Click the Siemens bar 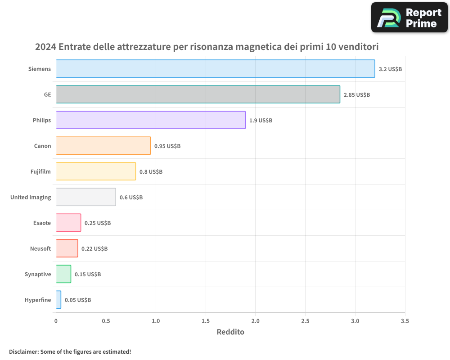(215, 69)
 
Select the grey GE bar (198, 94)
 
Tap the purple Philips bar (150, 120)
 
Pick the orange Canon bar (103, 146)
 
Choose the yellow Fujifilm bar (95, 171)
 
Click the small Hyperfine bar (58, 300)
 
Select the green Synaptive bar (63, 274)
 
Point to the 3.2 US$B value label (390, 69)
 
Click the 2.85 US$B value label (356, 95)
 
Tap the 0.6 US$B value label (131, 198)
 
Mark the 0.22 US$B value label (94, 249)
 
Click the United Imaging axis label (31, 197)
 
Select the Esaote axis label (42, 223)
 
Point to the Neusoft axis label (40, 248)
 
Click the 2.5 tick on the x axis (305, 321)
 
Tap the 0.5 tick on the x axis (106, 321)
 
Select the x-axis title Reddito (230, 332)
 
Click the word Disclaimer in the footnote (23, 351)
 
